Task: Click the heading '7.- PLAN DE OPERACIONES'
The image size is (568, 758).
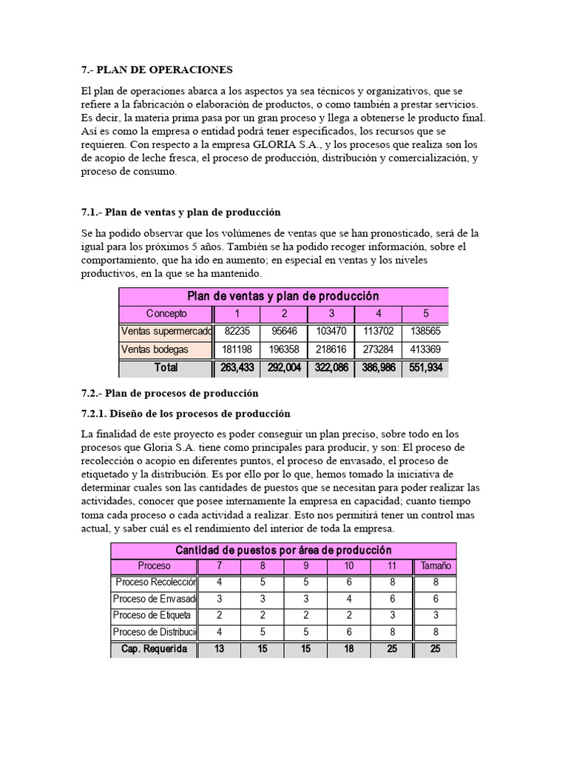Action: click(157, 70)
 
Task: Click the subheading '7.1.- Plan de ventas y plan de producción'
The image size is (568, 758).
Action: click(180, 212)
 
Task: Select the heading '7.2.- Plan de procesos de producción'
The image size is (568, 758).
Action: click(169, 392)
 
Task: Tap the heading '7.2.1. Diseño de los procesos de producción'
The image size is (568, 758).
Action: click(186, 413)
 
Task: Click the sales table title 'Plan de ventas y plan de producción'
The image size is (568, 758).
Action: click(283, 296)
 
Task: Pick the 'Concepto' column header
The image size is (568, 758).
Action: click(166, 313)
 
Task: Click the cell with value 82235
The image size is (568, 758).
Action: click(237, 332)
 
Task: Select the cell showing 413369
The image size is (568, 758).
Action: click(425, 349)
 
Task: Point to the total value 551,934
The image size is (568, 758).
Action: click(425, 368)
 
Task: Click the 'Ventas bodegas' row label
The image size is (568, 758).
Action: click(155, 349)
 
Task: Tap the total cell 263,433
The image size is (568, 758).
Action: click(237, 368)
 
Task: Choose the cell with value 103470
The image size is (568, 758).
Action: click(331, 332)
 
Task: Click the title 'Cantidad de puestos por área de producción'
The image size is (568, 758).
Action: click(283, 550)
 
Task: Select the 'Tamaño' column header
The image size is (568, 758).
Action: click(435, 566)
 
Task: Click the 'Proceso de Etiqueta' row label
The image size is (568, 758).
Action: click(152, 615)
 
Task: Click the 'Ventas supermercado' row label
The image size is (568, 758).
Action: click(166, 332)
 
